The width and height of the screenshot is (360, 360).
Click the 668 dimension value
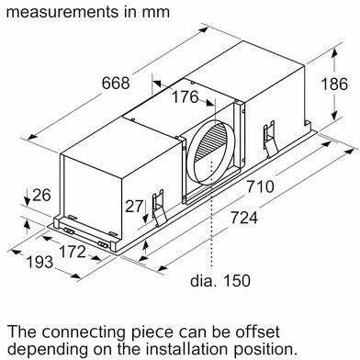pyautogui.click(x=116, y=83)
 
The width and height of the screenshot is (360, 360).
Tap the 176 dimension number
pyautogui.click(x=185, y=96)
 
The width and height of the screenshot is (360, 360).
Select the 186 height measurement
pyautogui.click(x=334, y=84)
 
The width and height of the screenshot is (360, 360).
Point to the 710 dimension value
pyautogui.click(x=260, y=186)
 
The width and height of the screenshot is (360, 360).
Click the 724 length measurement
pyautogui.click(x=244, y=218)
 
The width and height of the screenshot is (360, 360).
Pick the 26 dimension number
pyautogui.click(x=41, y=195)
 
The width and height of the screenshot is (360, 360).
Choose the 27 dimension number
pyautogui.click(x=134, y=206)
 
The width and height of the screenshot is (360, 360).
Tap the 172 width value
pyautogui.click(x=72, y=252)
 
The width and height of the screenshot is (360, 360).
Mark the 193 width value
pyautogui.click(x=39, y=262)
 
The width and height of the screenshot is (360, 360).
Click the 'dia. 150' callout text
pyautogui.click(x=220, y=280)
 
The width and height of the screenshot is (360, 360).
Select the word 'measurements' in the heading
pyautogui.click(x=62, y=12)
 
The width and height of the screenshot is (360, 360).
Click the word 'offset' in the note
pyautogui.click(x=257, y=332)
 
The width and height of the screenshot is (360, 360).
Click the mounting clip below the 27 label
pyautogui.click(x=160, y=208)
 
